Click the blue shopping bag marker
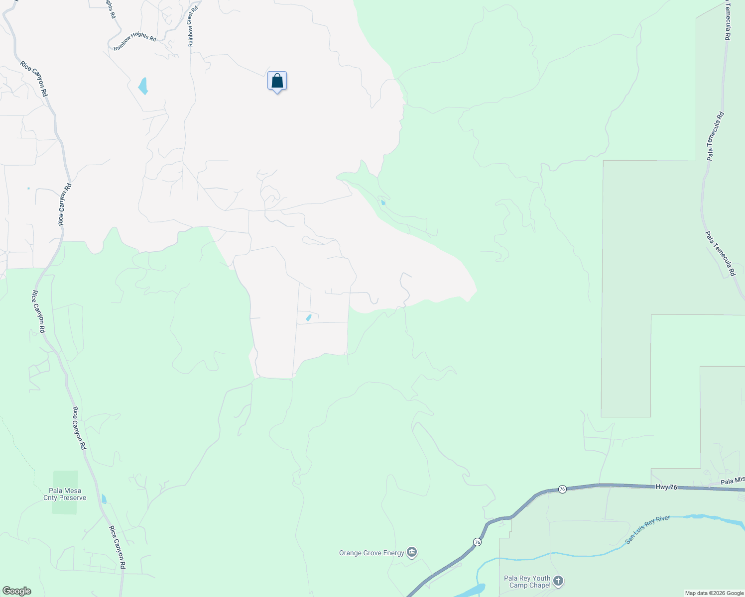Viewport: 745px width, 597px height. [277, 81]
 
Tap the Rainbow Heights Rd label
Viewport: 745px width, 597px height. [134, 41]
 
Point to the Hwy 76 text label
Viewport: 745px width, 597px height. [666, 487]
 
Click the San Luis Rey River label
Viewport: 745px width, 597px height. [647, 530]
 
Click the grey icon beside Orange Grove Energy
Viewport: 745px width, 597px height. [412, 552]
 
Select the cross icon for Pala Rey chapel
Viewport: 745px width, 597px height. [558, 581]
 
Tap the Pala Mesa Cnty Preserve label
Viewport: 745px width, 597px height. [65, 494]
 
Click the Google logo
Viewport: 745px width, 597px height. [16, 591]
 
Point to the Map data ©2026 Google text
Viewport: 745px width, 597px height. [714, 593]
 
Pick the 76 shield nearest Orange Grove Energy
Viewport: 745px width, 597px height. [477, 542]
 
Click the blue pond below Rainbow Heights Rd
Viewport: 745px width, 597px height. [143, 86]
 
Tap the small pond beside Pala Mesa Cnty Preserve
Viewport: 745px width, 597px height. [104, 499]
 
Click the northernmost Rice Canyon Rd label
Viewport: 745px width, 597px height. [34, 79]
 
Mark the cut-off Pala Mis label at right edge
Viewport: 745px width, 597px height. [733, 480]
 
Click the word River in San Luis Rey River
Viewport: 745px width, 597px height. [663, 522]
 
